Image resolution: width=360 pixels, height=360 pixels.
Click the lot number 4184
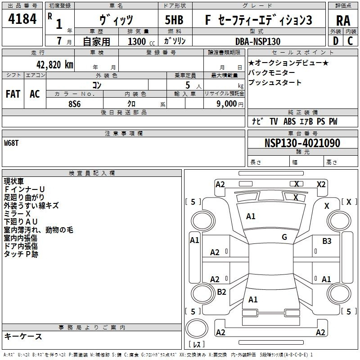[22, 19]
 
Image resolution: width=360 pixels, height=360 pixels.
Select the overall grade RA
[343, 21]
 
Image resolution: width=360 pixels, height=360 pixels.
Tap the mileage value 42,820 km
[55, 65]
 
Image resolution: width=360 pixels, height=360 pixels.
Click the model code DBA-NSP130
[258, 41]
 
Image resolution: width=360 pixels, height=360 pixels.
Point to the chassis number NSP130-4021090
[302, 143]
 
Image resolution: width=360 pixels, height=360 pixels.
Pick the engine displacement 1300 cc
[141, 41]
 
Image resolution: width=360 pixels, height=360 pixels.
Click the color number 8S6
[75, 104]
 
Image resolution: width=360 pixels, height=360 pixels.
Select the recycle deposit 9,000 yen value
[230, 104]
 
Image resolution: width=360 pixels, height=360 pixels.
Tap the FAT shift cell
[13, 94]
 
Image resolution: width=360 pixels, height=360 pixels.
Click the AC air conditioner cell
[35, 94]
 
